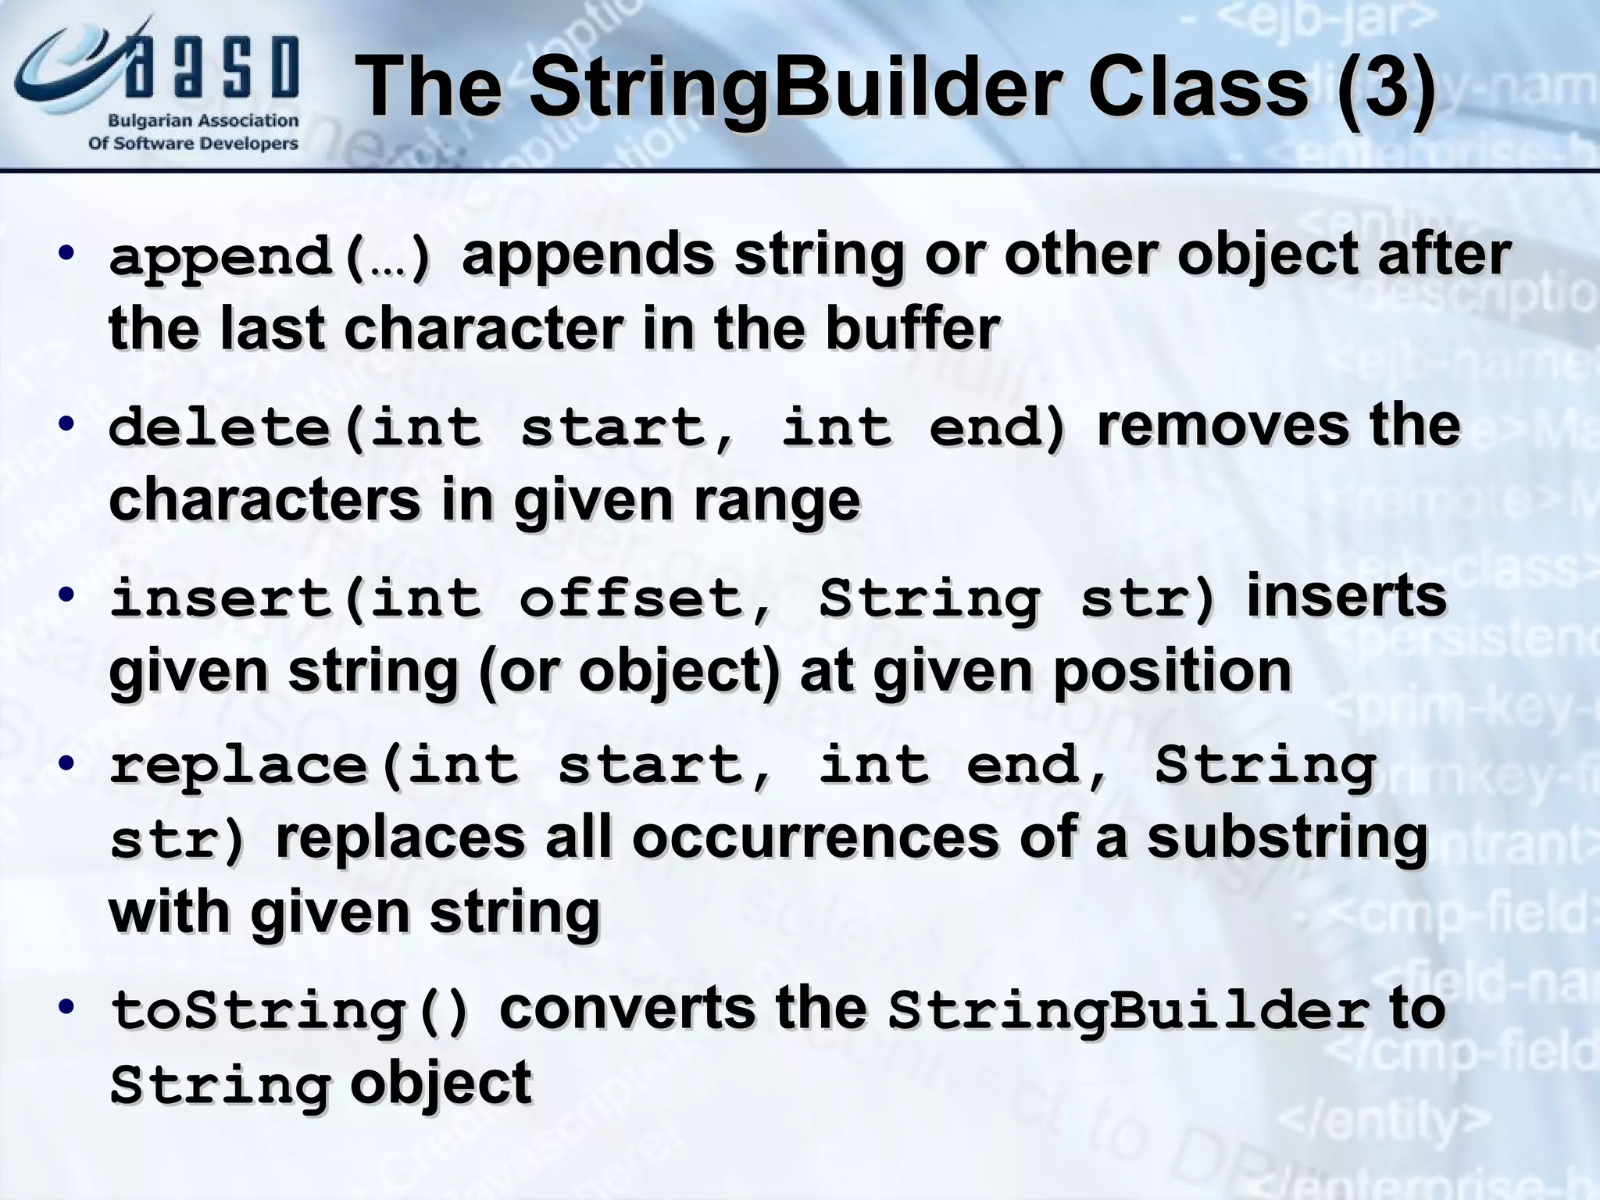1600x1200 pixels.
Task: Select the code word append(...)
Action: click(x=270, y=258)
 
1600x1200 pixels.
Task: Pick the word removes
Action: click(x=1223, y=426)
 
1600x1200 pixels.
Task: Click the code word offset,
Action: click(x=645, y=599)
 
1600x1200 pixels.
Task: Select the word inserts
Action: click(x=1346, y=596)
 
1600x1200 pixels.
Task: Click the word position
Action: click(x=1172, y=671)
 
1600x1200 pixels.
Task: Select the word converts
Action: click(x=627, y=1008)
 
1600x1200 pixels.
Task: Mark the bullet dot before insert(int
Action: click(x=67, y=595)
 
